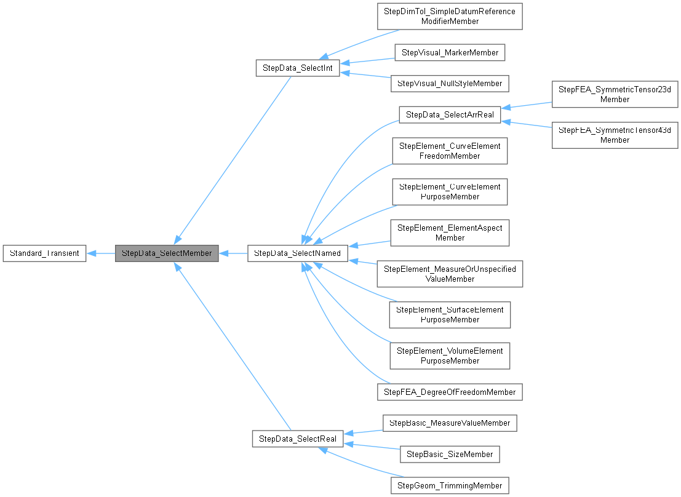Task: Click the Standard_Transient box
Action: click(44, 253)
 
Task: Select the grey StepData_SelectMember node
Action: click(167, 253)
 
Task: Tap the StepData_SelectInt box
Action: click(298, 68)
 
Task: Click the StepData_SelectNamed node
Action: click(298, 253)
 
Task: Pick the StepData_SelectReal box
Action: click(298, 439)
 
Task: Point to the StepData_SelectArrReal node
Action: click(450, 114)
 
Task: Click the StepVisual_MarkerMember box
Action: click(450, 52)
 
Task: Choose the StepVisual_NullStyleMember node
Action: click(450, 83)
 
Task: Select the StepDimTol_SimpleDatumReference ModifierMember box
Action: click(450, 17)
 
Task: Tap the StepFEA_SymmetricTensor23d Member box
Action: click(615, 94)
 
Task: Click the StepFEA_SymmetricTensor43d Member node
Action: click(615, 135)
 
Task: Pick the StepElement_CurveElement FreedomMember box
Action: click(450, 151)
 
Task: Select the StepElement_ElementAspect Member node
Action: click(450, 233)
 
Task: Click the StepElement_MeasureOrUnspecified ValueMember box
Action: click(450, 274)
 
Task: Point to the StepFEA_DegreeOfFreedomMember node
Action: click(450, 392)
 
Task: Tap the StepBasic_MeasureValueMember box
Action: click(450, 423)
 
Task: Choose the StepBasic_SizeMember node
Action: click(450, 454)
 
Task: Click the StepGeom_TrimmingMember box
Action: click(450, 485)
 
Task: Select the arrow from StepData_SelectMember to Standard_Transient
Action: click(100, 253)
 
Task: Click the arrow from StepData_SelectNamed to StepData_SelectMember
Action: click(233, 253)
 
